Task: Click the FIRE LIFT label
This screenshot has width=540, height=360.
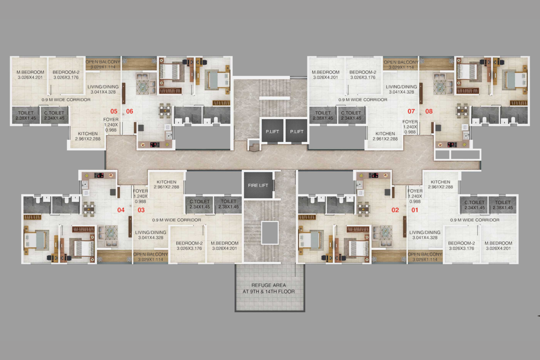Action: click(258, 185)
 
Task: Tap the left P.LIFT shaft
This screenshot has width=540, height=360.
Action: click(272, 131)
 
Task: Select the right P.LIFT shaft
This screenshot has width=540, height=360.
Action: click(297, 131)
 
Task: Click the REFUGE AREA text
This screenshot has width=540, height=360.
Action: click(269, 285)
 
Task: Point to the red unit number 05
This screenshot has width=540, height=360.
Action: click(114, 111)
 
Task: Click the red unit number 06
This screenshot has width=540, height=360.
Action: click(130, 111)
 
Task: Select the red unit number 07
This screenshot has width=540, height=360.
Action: click(411, 111)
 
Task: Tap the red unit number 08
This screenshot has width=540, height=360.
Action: click(429, 111)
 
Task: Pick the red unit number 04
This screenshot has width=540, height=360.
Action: click(121, 210)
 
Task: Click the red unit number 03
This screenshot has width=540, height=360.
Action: click(141, 210)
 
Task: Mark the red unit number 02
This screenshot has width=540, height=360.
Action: click(395, 210)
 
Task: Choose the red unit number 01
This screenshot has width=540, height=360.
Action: click(415, 210)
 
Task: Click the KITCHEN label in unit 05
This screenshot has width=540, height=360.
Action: click(88, 134)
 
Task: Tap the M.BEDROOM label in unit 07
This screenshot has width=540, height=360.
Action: click(325, 72)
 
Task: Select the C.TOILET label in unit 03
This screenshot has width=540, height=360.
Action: click(199, 201)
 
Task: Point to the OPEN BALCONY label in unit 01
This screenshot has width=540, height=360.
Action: click(425, 254)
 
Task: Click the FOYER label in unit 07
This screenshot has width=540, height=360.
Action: click(410, 122)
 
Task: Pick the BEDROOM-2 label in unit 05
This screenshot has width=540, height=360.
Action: click(66, 72)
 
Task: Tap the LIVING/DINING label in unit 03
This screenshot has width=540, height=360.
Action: click(151, 232)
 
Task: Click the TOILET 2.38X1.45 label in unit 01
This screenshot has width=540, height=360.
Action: click(503, 205)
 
